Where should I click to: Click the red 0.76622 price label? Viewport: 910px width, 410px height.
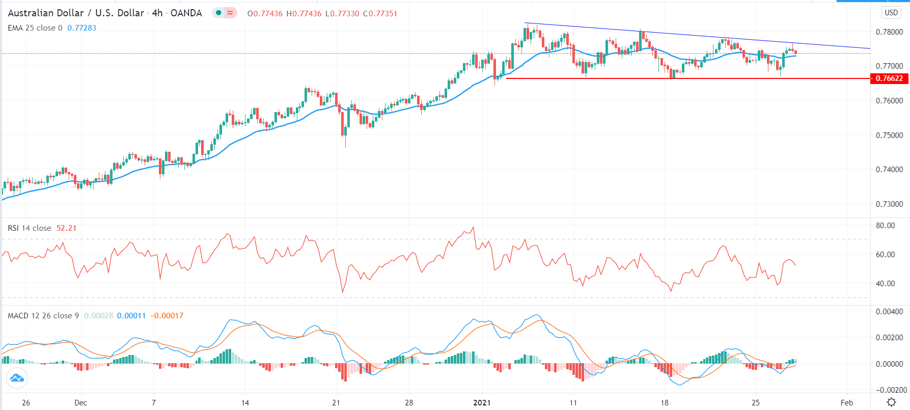[889, 78]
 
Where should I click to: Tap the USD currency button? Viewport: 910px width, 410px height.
[891, 13]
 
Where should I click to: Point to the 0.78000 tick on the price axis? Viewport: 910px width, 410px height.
[889, 32]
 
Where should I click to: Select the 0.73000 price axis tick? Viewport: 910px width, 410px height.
[889, 204]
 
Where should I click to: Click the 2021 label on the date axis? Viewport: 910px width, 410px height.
[482, 402]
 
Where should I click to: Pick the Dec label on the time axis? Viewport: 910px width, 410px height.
[80, 402]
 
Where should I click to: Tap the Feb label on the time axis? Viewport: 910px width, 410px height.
[846, 402]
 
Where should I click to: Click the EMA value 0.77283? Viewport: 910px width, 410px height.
[81, 28]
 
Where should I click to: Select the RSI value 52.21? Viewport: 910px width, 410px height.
[66, 228]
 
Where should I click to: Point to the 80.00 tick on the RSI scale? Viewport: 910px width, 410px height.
[885, 226]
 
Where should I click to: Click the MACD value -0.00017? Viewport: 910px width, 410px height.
[167, 316]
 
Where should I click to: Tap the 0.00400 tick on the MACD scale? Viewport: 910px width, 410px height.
[888, 312]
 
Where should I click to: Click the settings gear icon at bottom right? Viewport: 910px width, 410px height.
[891, 402]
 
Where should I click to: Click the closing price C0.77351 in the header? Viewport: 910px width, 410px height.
[380, 14]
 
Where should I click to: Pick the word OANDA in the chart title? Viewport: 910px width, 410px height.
[186, 13]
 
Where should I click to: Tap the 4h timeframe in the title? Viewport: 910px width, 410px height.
[157, 13]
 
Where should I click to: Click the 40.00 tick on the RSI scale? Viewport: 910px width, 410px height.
[885, 284]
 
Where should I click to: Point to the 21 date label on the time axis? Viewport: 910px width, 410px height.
[336, 402]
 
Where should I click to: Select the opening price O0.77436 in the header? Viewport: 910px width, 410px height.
[265, 14]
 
